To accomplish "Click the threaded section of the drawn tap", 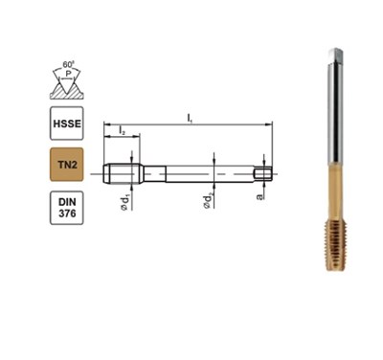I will pos(127,173).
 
